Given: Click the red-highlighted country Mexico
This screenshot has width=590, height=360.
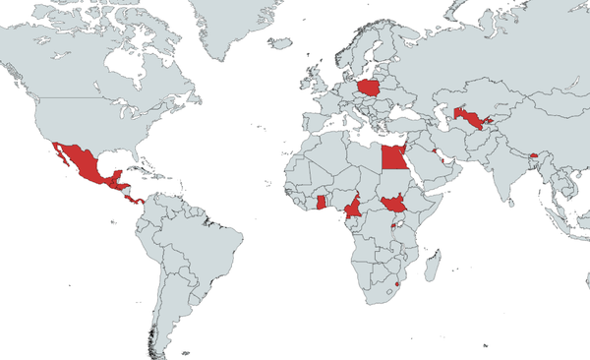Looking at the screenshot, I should (86, 162).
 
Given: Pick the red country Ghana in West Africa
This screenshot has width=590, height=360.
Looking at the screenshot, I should (321, 202).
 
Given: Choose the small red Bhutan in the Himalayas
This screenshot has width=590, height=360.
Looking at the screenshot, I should (532, 154).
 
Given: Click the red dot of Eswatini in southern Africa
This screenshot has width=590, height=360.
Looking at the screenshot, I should (395, 284).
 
